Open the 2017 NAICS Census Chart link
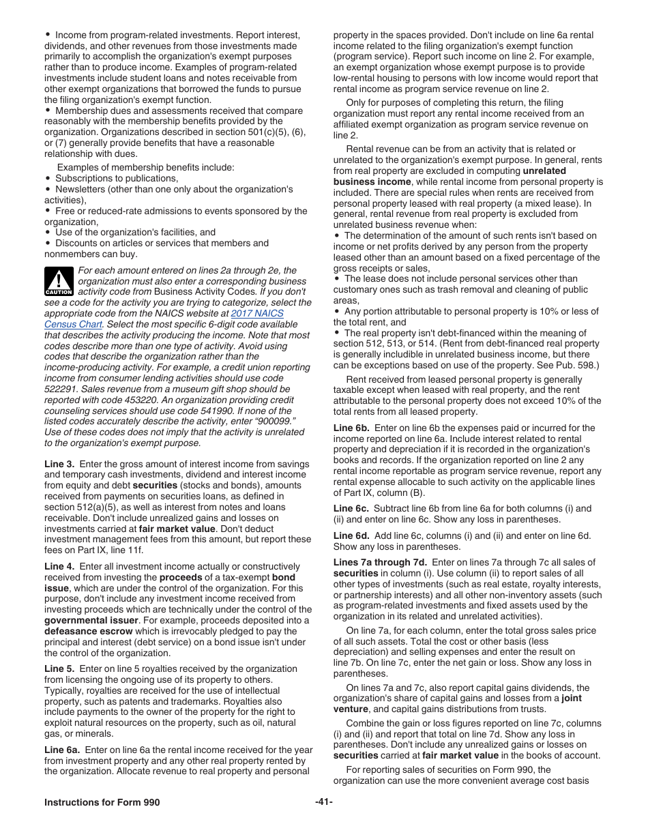coord(257,313)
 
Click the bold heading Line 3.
coord(59,464)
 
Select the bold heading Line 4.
coord(59,566)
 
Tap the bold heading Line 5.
coord(59,668)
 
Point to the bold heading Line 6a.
coord(62,750)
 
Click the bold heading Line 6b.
coord(351,428)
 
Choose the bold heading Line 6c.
coord(351,508)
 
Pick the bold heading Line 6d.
coord(351,535)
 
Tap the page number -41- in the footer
coord(324,802)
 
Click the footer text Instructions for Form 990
coord(102,802)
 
